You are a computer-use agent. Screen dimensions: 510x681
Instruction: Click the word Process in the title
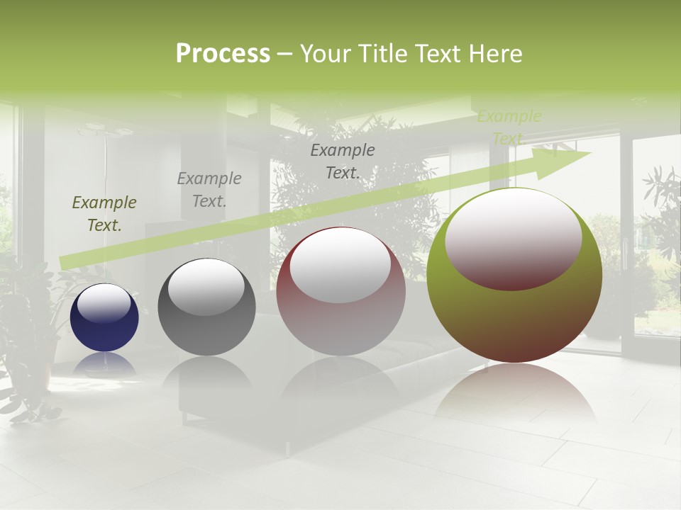point(223,54)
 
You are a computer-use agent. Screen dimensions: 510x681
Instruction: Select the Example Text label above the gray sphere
point(209,190)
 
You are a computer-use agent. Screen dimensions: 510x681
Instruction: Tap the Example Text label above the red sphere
point(343,161)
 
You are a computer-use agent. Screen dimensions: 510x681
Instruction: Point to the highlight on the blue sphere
point(104,304)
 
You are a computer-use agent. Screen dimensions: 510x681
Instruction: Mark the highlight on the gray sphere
point(206,286)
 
